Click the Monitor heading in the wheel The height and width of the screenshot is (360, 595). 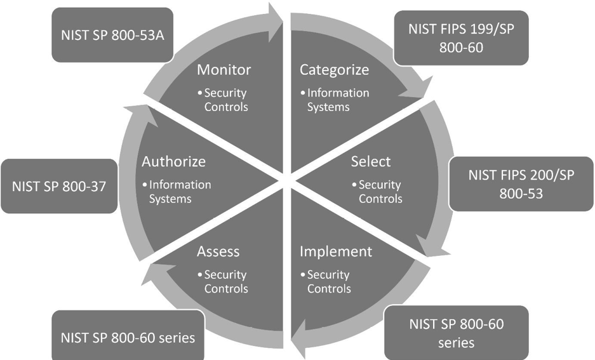point(224,69)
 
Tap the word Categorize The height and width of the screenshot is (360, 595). point(334,69)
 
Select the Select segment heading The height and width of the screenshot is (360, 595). point(371,161)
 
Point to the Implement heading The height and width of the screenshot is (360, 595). point(335,251)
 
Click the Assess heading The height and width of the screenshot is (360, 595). point(218,251)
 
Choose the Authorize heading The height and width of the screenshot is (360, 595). point(173,161)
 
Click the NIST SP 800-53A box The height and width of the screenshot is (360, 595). point(112,35)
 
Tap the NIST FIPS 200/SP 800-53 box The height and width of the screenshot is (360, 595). point(521,184)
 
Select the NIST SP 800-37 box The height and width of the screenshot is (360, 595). point(59,185)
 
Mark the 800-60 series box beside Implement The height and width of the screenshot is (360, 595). point(456,333)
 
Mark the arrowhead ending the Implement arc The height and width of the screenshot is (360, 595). point(297,343)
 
